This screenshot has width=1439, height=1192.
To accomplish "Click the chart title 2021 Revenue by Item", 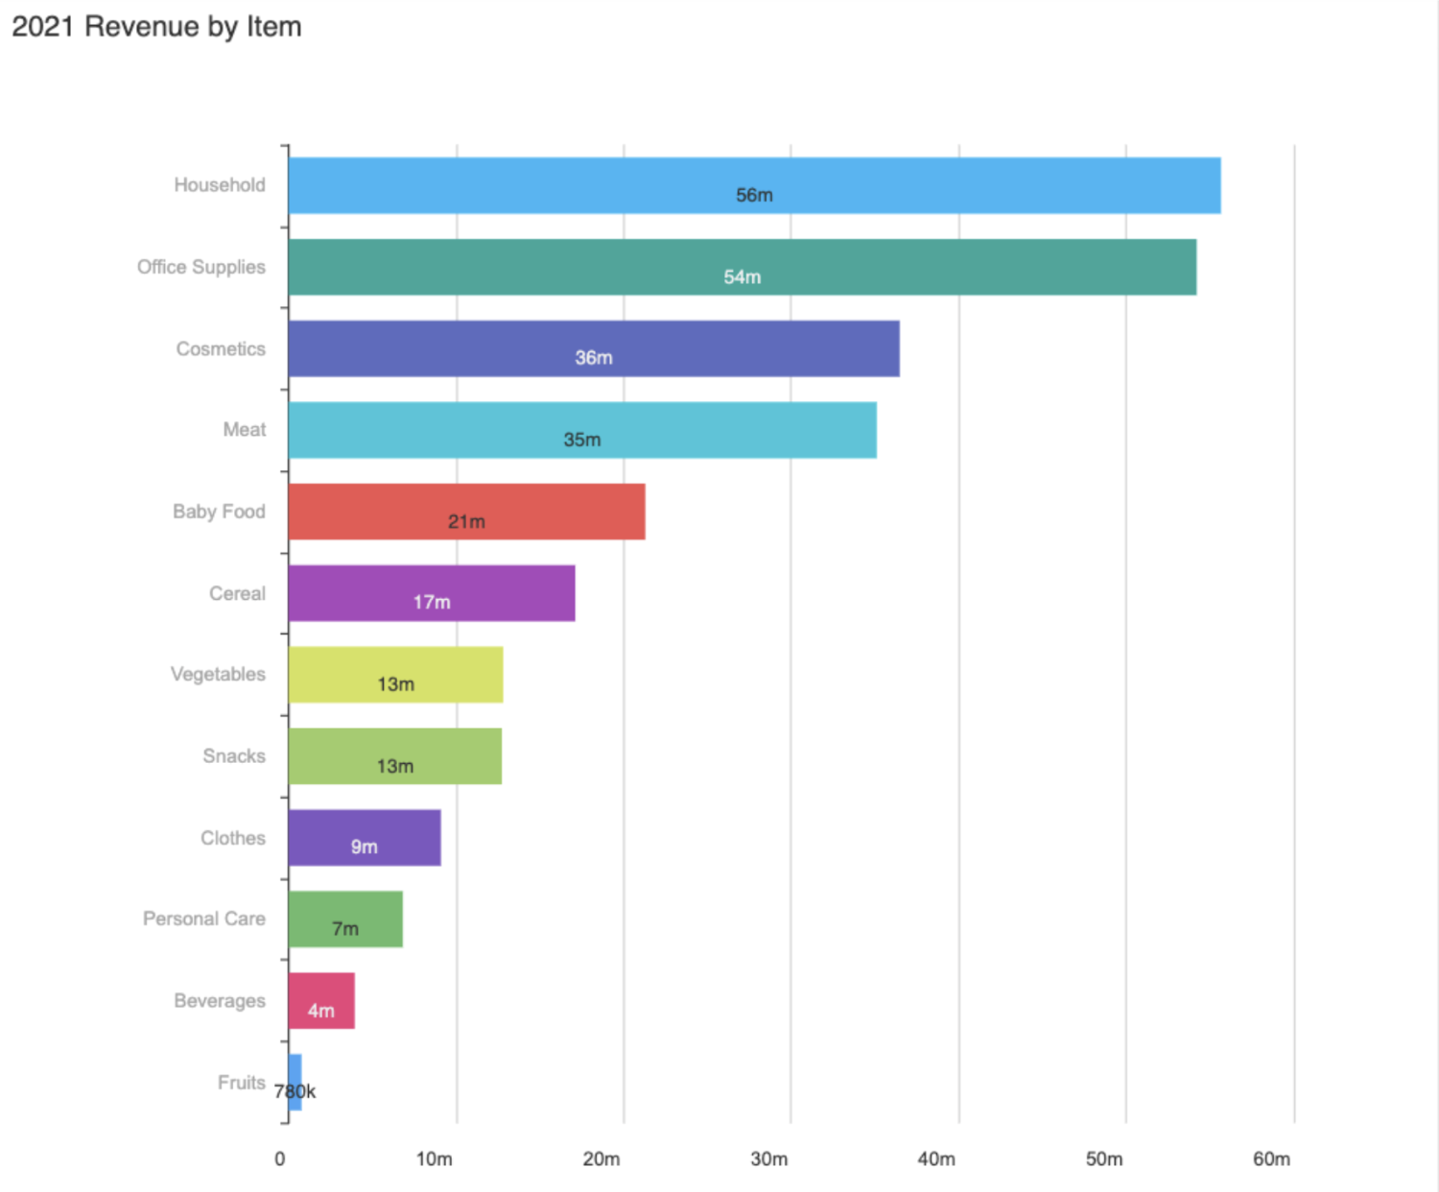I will click(x=156, y=27).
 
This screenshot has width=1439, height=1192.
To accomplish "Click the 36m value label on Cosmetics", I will click(x=594, y=358).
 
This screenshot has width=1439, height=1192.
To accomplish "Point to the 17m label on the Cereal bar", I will click(x=432, y=603).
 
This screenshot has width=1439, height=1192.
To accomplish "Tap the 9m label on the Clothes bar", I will click(x=365, y=847).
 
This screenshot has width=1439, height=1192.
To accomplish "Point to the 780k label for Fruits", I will click(x=295, y=1092).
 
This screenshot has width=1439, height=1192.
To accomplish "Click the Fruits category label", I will click(x=241, y=1083).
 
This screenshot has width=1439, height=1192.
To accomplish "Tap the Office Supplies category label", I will click(x=201, y=267).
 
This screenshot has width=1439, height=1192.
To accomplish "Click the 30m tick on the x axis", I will click(x=768, y=1159).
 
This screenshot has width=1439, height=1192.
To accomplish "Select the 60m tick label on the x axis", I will click(x=1271, y=1159).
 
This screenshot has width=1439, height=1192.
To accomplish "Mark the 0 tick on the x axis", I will click(x=280, y=1159).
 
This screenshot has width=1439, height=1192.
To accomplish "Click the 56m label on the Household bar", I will click(x=754, y=196).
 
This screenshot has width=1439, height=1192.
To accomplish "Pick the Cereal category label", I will click(x=237, y=593).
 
